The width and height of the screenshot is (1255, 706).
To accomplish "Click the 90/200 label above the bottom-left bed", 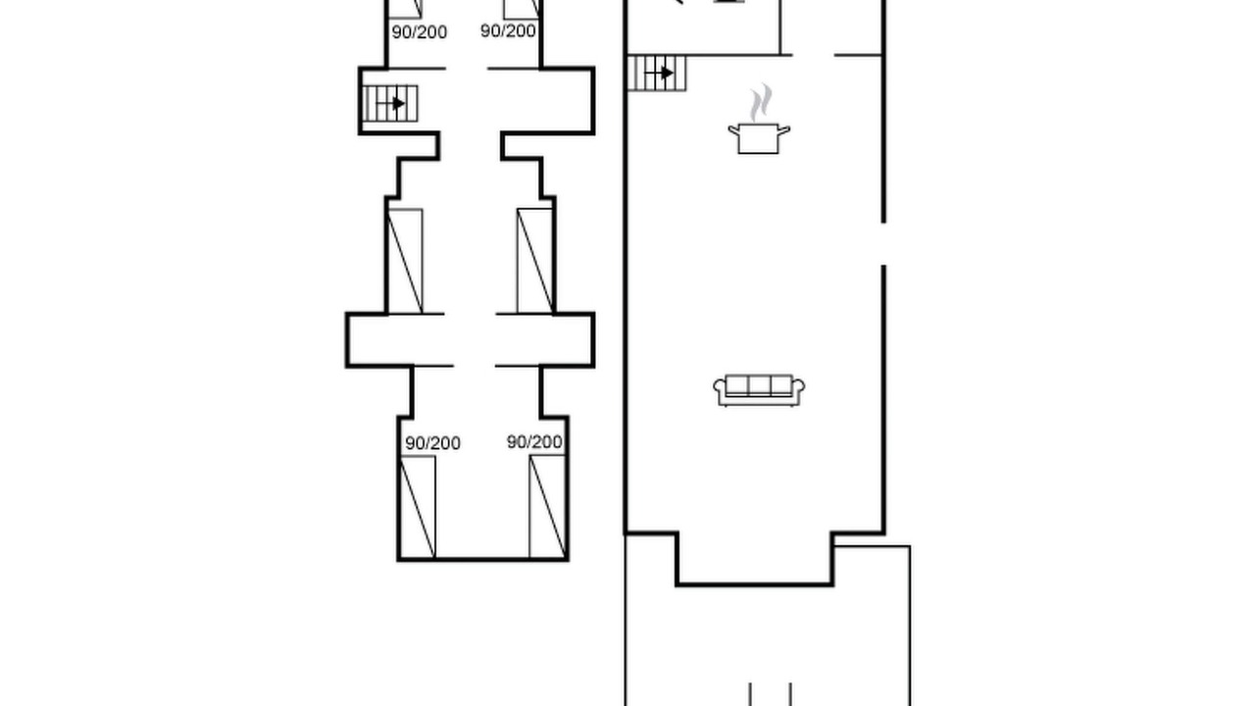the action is [432, 443].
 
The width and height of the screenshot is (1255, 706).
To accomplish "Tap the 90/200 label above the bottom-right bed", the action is [534, 442].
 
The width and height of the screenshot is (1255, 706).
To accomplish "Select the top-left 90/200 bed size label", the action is [419, 32].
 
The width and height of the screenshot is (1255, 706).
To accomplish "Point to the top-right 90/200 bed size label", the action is [508, 30].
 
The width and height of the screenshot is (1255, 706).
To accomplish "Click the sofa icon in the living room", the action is [759, 390].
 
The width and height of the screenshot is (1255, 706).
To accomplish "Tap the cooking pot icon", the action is [759, 138].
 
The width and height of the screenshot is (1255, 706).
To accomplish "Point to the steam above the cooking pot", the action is [761, 103].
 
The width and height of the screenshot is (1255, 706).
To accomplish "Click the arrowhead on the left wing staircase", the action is [398, 104].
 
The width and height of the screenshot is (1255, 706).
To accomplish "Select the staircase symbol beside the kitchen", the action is [657, 73].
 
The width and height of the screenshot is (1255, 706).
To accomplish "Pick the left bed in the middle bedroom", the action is [405, 261].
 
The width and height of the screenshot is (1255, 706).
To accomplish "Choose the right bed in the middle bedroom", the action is [535, 261].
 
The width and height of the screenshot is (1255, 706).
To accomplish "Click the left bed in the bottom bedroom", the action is [418, 507].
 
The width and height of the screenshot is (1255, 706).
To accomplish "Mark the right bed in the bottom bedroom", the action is [547, 507].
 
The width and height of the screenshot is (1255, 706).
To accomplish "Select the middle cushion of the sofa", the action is [759, 385].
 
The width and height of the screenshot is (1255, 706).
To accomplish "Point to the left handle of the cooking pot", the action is [733, 130].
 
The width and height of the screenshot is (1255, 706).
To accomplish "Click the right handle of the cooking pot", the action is [784, 130].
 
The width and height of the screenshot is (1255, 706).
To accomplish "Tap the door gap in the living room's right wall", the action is [884, 244].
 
